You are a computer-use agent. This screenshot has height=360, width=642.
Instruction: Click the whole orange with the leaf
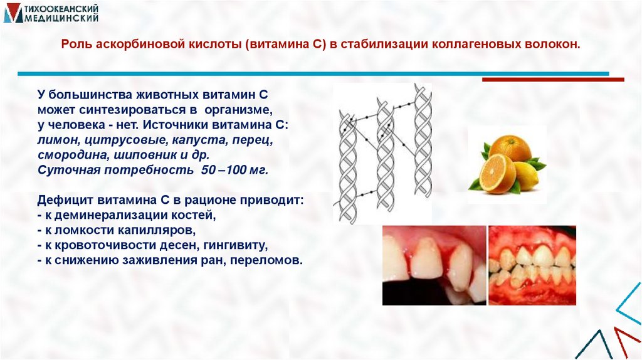(x=510, y=148)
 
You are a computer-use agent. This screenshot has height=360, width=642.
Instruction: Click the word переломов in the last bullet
(x=272, y=260)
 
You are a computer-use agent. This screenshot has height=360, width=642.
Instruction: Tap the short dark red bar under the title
(x=552, y=80)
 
